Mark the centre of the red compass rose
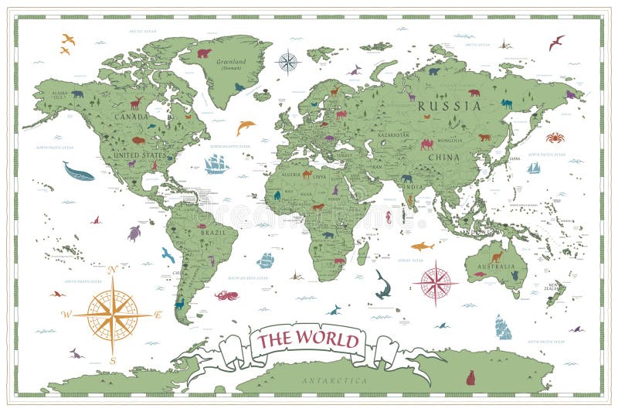[436, 282]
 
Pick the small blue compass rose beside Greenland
[288, 61]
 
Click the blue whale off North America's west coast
[78, 172]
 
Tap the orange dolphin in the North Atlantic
[246, 126]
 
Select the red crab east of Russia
[555, 138]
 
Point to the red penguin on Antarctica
[470, 377]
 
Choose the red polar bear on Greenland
[204, 53]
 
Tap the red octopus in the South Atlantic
[226, 295]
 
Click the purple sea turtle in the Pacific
[134, 233]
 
